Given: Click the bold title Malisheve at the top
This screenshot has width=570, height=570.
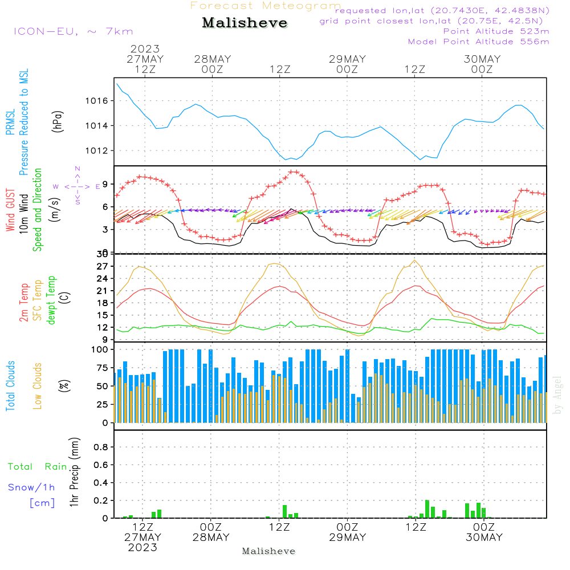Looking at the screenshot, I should coord(245,23).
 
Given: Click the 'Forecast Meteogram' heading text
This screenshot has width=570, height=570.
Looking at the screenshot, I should coord(266,6).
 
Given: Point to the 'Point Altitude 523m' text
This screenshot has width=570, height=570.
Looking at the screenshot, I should coord(496,31).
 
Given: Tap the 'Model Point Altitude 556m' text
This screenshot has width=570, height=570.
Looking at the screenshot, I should coord(478,42).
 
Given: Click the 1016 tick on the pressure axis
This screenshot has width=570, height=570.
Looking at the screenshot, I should coord(100,101).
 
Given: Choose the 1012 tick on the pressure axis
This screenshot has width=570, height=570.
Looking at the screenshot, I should coord(100,151).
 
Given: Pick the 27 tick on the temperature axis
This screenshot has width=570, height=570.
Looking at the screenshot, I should coord(102,267).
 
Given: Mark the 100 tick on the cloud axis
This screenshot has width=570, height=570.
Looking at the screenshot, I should coord(100,349).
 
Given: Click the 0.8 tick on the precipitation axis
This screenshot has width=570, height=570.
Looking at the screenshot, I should coord(101,447).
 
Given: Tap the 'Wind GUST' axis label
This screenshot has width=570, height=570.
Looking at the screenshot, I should coord(10,211).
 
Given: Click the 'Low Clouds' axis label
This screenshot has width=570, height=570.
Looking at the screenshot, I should coord(38,385).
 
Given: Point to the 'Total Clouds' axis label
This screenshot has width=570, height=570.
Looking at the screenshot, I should coord(10,385).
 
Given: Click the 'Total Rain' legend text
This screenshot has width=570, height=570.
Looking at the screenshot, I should coord(38,467).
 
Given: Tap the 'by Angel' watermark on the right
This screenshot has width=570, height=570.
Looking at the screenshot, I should coord(557,395).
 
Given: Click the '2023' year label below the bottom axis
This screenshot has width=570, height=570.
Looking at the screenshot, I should coord(142,547).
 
